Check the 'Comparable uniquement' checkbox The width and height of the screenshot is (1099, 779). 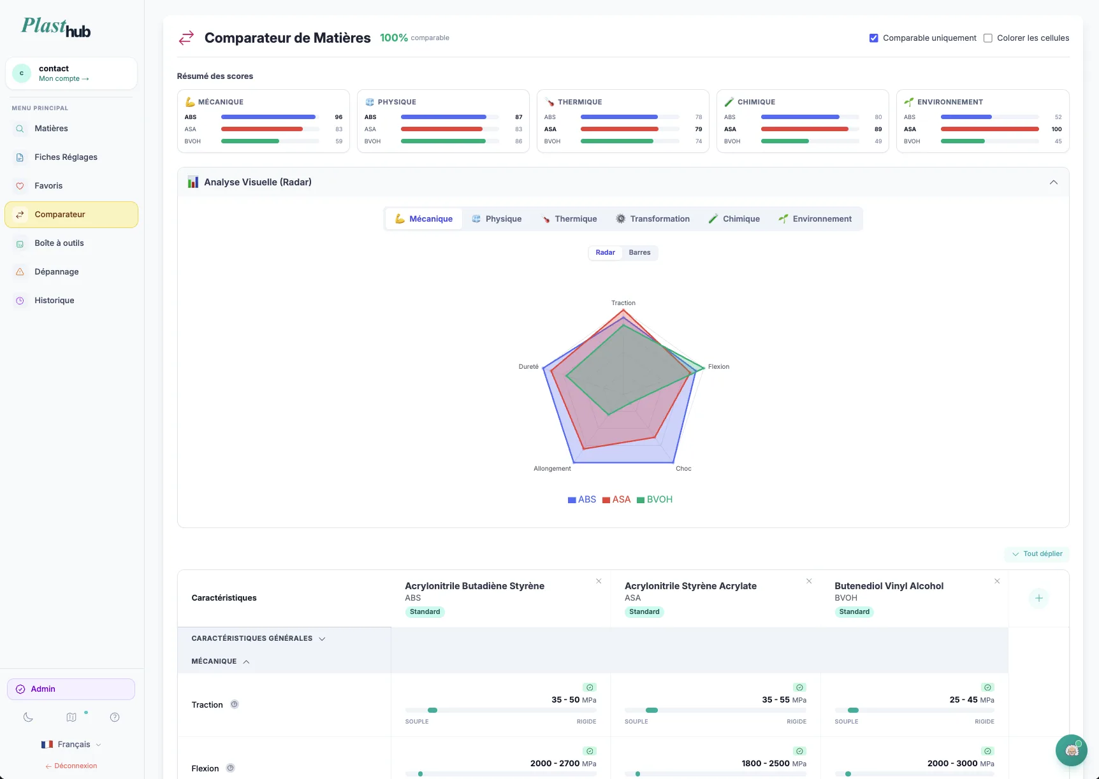pyautogui.click(x=873, y=38)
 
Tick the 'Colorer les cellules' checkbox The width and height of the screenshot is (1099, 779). pyautogui.click(x=987, y=38)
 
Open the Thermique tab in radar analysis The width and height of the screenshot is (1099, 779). pyautogui.click(x=569, y=218)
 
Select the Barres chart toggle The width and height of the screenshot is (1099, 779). pyautogui.click(x=639, y=252)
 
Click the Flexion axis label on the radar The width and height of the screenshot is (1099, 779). pyautogui.click(x=718, y=366)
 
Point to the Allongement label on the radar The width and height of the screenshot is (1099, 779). pyautogui.click(x=552, y=468)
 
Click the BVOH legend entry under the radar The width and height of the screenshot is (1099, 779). pyautogui.click(x=655, y=499)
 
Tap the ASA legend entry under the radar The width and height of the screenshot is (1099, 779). pyautogui.click(x=616, y=499)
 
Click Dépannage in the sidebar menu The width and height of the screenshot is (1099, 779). pyautogui.click(x=57, y=271)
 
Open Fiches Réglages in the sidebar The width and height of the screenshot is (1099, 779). pyautogui.click(x=66, y=157)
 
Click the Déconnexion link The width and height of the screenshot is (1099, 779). pyautogui.click(x=71, y=766)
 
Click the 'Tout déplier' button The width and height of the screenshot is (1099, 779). pyautogui.click(x=1037, y=554)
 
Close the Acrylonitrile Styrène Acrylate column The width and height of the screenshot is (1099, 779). pyautogui.click(x=809, y=581)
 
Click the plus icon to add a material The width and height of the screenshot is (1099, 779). pyautogui.click(x=1038, y=598)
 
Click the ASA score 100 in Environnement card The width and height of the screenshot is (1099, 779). pyautogui.click(x=1056, y=129)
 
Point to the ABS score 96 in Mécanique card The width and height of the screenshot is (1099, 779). pyautogui.click(x=338, y=117)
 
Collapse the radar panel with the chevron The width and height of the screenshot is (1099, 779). pyautogui.click(x=1053, y=182)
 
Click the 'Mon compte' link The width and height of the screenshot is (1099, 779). pyautogui.click(x=63, y=79)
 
